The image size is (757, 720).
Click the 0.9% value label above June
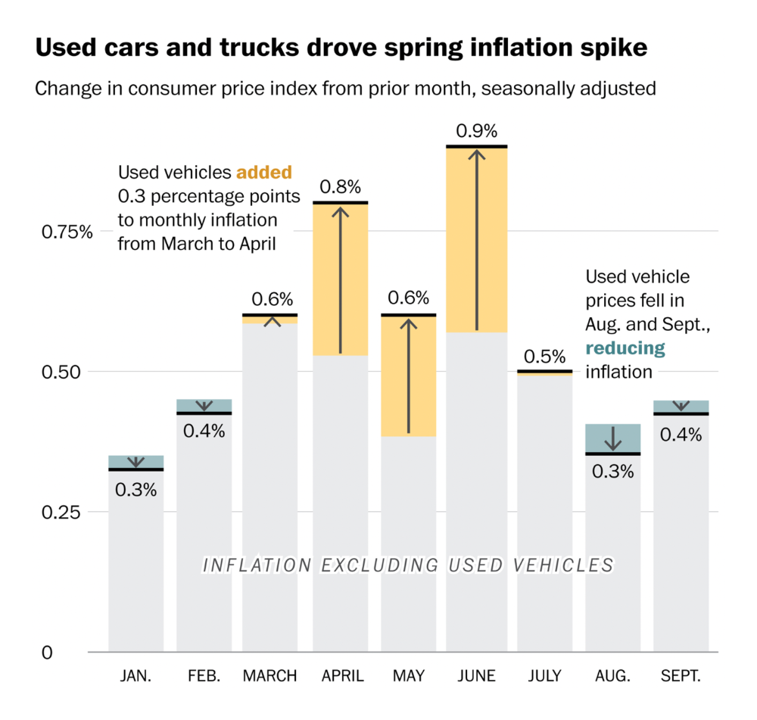476,129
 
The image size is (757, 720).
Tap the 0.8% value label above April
340,186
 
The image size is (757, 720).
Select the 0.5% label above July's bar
544,356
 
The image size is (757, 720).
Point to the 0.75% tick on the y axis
66,232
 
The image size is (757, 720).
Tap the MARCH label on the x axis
270,676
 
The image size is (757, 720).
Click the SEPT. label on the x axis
681,676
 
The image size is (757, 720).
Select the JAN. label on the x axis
136,676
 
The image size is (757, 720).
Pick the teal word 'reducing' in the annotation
625,348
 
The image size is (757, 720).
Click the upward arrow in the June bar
476,238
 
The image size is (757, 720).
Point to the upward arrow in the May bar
409,375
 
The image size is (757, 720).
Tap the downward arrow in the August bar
613,439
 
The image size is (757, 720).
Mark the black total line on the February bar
204,413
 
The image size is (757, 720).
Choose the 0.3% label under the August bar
612,471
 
